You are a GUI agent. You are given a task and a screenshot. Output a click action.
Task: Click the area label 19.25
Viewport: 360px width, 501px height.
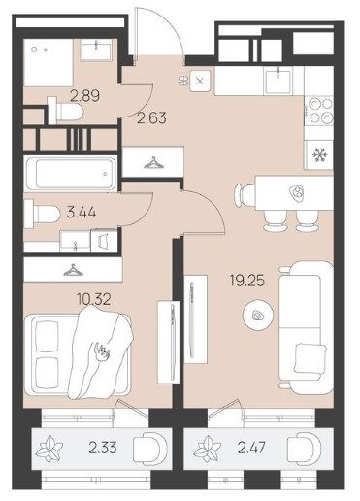[247, 281]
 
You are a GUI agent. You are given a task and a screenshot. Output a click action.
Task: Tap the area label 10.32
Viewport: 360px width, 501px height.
[94, 299]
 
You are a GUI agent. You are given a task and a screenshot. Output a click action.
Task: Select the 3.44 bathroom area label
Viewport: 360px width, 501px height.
[82, 213]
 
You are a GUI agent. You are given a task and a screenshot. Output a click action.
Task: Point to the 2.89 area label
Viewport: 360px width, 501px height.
[85, 96]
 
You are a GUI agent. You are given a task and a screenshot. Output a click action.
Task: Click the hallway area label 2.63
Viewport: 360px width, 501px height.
[151, 118]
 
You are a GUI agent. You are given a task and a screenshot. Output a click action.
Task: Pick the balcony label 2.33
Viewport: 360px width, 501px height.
[103, 448]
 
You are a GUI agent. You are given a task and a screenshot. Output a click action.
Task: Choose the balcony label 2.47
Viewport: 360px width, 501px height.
[251, 448]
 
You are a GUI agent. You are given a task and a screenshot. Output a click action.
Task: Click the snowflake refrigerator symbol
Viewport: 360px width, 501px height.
[320, 155]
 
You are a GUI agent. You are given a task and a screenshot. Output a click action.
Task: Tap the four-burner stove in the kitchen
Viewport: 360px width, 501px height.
[319, 111]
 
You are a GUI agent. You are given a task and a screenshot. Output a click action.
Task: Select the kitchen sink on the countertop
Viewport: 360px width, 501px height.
[278, 81]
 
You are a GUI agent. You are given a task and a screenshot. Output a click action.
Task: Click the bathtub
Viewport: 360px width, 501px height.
[72, 174]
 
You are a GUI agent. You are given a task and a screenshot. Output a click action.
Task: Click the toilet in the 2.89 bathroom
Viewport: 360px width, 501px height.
[65, 111]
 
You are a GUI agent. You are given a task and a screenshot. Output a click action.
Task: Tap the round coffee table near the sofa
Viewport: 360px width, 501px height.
[258, 316]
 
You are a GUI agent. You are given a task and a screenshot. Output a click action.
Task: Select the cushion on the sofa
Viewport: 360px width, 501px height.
[310, 358]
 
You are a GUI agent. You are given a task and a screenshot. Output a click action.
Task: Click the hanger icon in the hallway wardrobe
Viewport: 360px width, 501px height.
[154, 163]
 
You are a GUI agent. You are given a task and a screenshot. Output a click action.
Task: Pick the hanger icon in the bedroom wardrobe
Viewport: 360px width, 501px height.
[73, 270]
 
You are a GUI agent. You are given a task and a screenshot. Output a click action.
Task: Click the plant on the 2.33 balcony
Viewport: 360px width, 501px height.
[49, 449]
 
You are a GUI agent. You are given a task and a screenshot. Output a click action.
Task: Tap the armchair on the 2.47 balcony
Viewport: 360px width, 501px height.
[305, 449]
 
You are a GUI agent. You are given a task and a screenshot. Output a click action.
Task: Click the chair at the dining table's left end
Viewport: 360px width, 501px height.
[242, 195]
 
